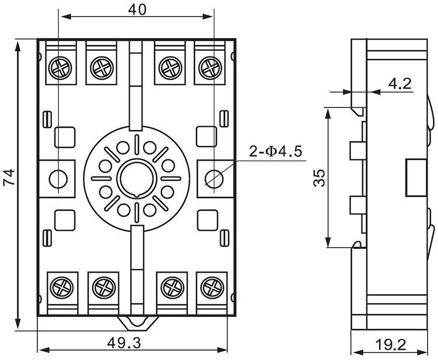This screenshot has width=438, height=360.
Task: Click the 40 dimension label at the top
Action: (x=137, y=10)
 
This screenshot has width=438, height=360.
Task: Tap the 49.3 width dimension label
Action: (x=124, y=342)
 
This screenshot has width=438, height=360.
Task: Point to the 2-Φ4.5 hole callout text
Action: (x=276, y=152)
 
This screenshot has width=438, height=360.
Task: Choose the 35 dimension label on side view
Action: (x=319, y=178)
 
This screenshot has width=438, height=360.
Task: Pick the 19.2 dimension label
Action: (x=391, y=345)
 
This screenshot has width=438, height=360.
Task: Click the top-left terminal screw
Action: (x=60, y=68)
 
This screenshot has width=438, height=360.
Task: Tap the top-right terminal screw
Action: (x=210, y=68)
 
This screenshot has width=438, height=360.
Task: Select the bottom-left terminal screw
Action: (x=62, y=288)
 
